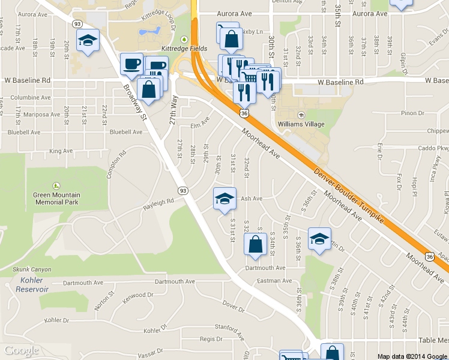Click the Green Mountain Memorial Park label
pos(56,198)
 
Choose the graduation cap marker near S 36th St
pos(319,238)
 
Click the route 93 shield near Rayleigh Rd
pos(183,190)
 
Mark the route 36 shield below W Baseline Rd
pos(244,113)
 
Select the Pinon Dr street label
pos(412,113)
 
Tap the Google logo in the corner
pos(22,350)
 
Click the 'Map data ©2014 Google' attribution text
pos(412,356)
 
